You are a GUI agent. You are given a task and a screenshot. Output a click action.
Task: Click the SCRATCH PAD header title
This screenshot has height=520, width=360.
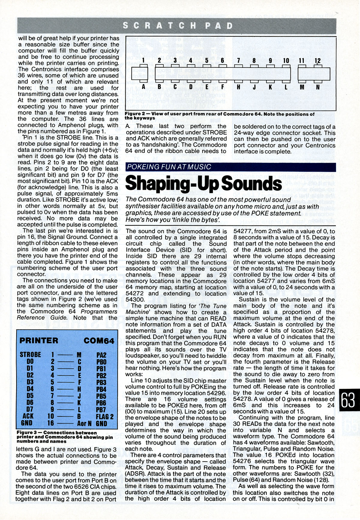[178, 26]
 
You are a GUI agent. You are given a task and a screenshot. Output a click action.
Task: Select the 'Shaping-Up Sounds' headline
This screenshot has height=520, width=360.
[203, 183]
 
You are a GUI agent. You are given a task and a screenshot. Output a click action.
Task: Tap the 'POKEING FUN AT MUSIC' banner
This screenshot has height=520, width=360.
[169, 167]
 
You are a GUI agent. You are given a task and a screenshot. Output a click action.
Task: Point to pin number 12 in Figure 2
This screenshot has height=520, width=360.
[317, 61]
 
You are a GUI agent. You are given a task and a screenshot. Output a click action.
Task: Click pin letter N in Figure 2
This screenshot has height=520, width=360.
[318, 87]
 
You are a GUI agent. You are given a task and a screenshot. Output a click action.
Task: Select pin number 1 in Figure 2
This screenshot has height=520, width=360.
[143, 61]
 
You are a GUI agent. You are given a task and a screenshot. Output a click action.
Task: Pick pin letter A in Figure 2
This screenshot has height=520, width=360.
[143, 87]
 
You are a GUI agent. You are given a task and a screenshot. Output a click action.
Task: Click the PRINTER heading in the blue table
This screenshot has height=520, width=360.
[39, 340]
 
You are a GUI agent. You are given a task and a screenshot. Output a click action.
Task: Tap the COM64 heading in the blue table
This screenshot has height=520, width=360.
[99, 341]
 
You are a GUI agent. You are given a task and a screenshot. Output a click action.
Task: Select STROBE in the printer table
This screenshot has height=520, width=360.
[30, 355]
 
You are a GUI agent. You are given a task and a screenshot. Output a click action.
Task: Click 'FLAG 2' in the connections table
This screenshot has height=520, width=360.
[104, 417]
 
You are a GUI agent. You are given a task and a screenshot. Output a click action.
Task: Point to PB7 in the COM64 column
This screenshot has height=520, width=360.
[101, 410]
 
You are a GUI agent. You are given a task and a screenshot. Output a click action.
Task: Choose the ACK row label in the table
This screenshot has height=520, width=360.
[28, 416]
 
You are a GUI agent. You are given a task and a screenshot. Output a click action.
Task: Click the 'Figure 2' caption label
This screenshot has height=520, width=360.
[136, 114]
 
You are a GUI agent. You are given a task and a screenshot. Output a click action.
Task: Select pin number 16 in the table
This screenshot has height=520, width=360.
[51, 423]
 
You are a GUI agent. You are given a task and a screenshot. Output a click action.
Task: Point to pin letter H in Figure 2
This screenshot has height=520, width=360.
[238, 87]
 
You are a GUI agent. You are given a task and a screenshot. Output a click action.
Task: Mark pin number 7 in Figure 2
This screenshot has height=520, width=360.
[238, 61]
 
